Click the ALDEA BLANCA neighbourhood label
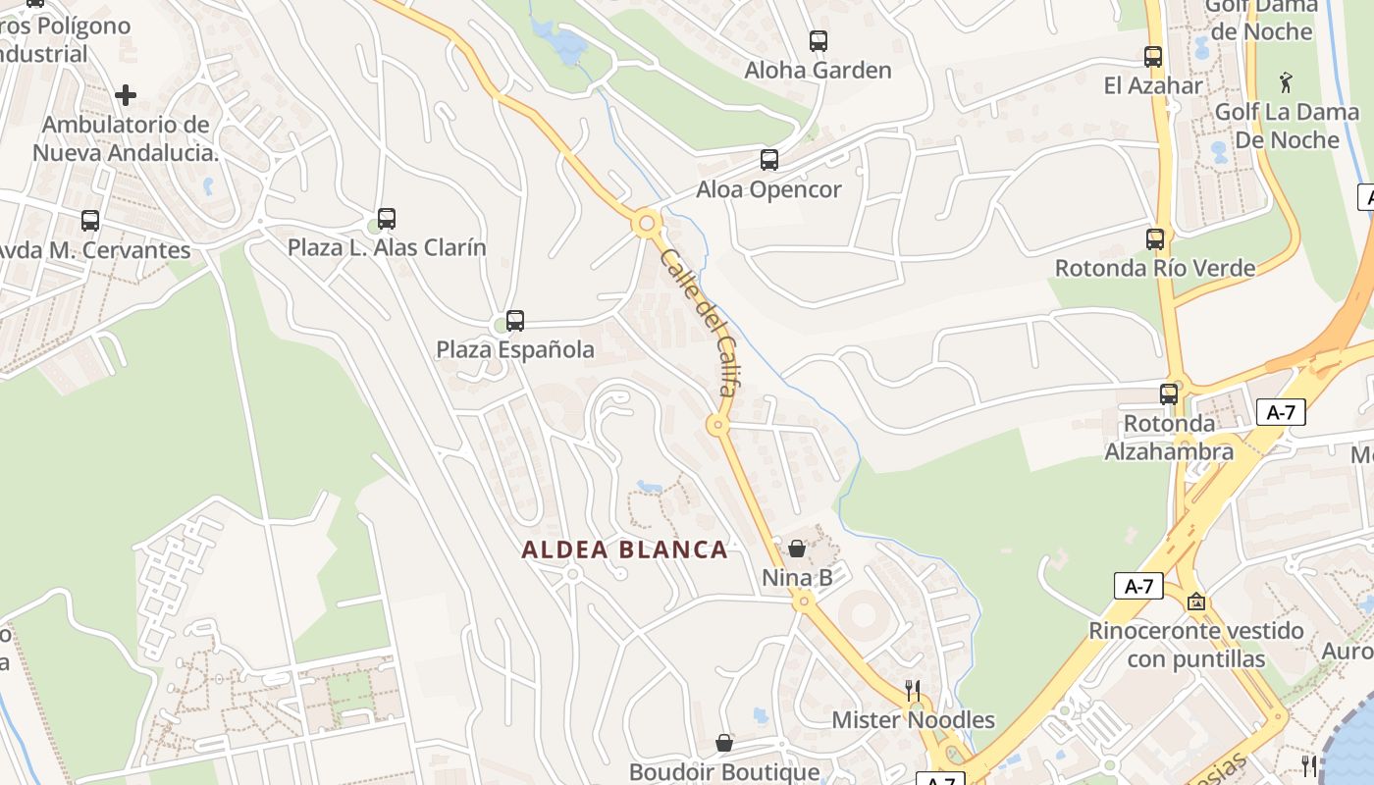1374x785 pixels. point(624,549)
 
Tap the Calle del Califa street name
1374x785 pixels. point(699,320)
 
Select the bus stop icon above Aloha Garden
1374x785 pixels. point(819,41)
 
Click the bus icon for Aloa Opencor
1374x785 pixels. point(769,160)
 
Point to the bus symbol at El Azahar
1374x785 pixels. point(1153,57)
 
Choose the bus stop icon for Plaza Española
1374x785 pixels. point(514,321)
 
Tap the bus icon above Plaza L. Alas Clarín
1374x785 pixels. point(387,219)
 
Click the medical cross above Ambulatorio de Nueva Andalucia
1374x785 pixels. point(126,95)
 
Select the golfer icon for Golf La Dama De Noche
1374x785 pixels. point(1287,82)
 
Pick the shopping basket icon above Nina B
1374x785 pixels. point(797,549)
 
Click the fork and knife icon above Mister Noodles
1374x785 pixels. point(913,690)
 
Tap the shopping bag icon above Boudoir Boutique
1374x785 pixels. point(724,743)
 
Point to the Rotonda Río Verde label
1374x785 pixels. point(1155,268)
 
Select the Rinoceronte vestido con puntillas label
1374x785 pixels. point(1195,644)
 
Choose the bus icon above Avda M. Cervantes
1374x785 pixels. point(90,221)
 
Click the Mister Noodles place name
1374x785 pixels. point(913,719)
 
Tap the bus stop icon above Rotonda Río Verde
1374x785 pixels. point(1155,238)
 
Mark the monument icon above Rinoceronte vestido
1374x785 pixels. point(1195,602)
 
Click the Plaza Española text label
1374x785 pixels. point(515,349)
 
